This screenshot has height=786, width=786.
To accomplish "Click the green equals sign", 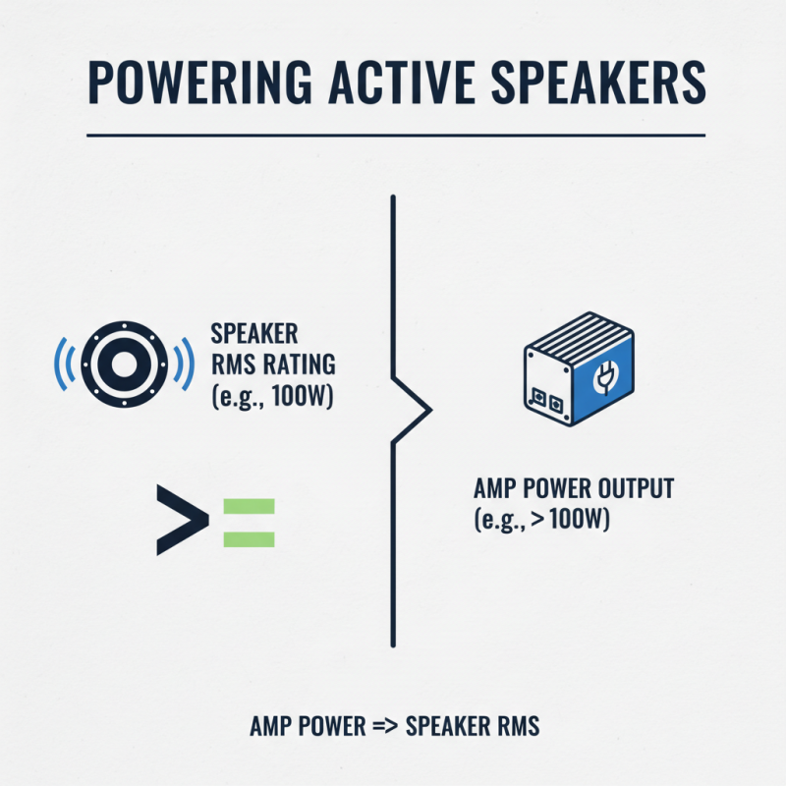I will [249, 523].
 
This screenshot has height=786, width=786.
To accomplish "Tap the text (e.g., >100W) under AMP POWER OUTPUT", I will [542, 520].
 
